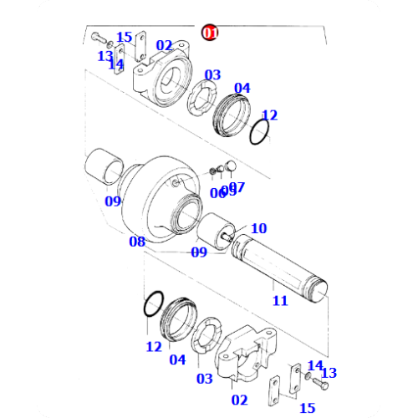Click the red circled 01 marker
[x=209, y=33]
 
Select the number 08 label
[x=137, y=242]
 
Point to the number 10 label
[x=258, y=228]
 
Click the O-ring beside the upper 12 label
[x=260, y=132]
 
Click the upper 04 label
[x=242, y=88]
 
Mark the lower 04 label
[x=176, y=359]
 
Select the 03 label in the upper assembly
[x=212, y=74]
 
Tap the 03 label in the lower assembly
[x=204, y=379]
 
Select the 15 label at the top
[x=124, y=37]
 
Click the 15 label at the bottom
[x=307, y=407]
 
